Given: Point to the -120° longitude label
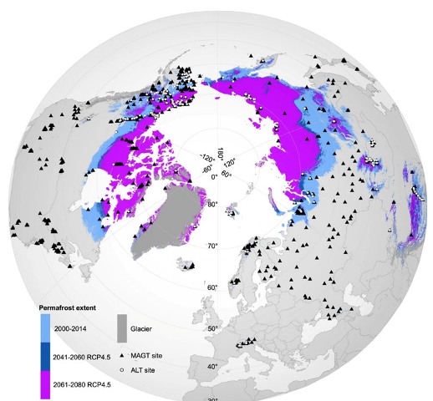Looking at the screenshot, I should pos(204,156).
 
